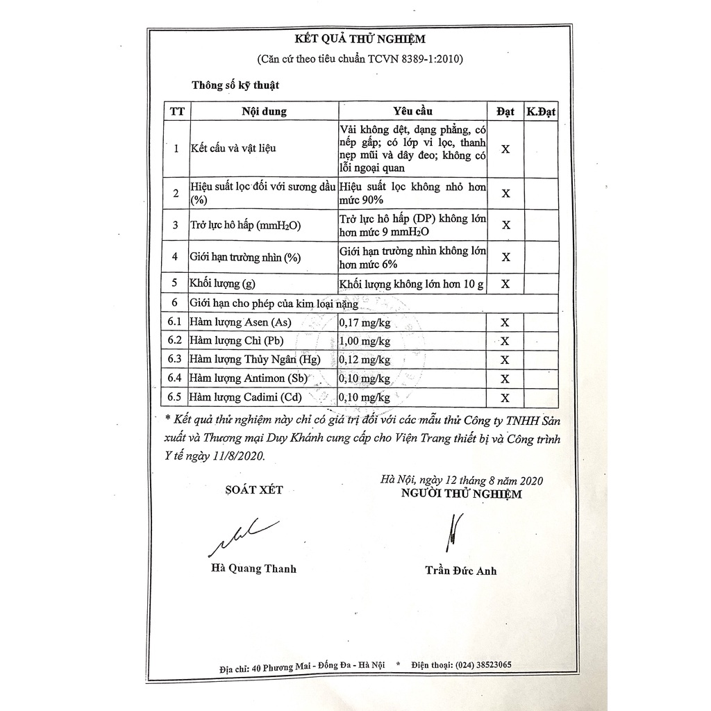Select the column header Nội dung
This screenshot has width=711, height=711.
point(264,111)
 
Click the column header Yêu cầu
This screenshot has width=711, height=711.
point(412,111)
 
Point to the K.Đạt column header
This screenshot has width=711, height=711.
point(541,111)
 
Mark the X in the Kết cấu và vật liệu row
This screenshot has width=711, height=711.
point(505,149)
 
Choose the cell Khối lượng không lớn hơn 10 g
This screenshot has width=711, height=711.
point(412,283)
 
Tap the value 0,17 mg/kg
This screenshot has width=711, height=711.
point(365,322)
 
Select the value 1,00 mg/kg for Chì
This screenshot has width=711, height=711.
point(365,341)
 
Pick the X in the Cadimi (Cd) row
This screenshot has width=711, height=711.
point(505,398)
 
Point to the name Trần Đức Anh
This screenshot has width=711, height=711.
point(460,571)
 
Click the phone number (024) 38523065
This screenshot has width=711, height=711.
point(481,664)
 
